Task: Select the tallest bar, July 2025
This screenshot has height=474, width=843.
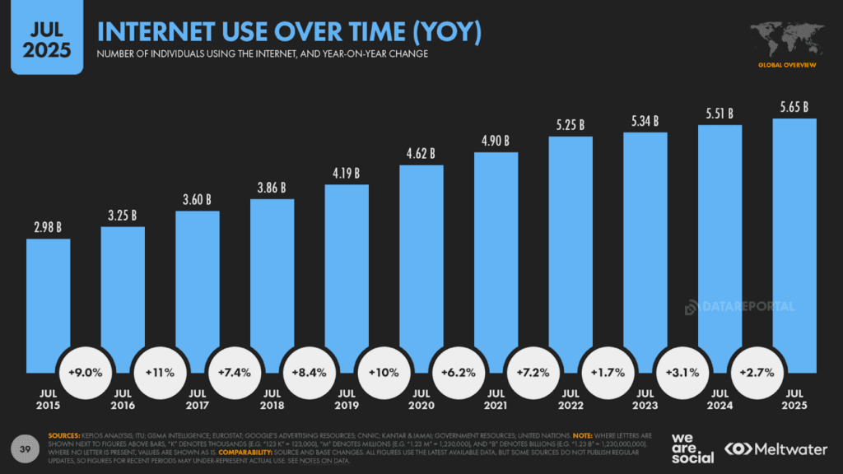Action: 794,247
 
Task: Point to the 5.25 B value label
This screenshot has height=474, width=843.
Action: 571,125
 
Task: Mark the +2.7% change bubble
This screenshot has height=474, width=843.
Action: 756,372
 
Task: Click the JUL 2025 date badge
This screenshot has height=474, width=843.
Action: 47,36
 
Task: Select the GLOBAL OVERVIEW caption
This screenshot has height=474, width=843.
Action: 788,63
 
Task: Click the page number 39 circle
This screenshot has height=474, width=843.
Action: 25,447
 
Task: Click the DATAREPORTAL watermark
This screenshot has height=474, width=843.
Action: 740,307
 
